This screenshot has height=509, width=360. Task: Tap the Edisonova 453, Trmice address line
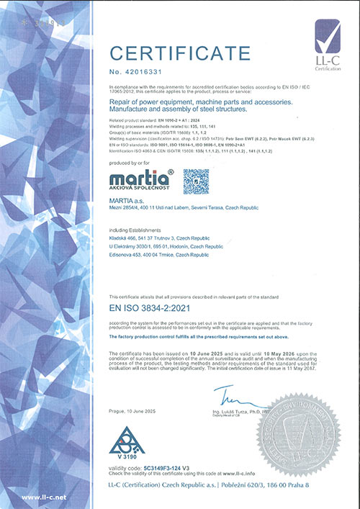149,256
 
